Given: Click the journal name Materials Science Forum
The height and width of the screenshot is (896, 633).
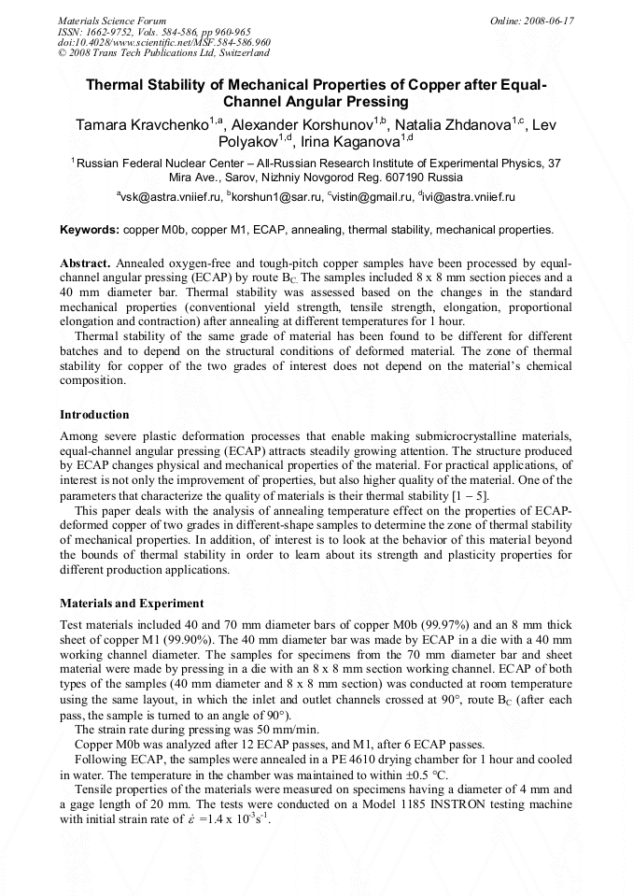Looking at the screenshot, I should pos(112,20).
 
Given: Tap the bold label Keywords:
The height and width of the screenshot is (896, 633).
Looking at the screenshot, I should pos(90,229).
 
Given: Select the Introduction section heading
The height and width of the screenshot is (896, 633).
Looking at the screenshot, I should pos(94,414).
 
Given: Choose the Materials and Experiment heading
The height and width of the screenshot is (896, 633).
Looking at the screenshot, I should pos(132,604).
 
